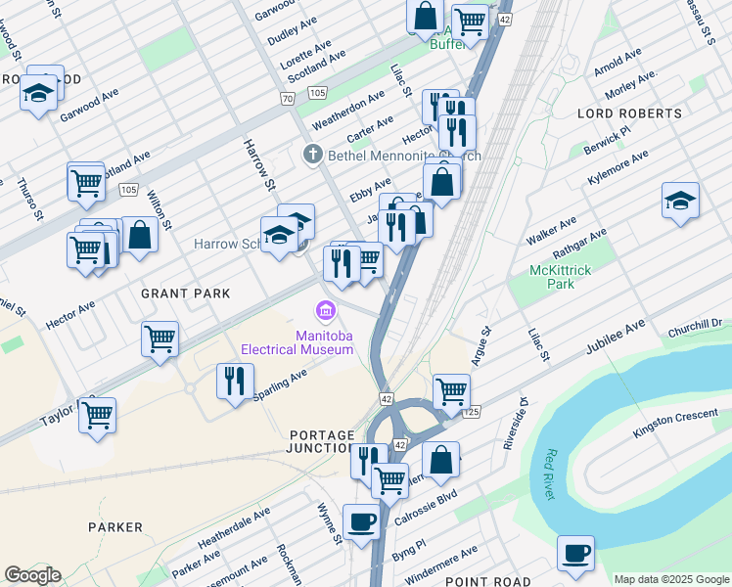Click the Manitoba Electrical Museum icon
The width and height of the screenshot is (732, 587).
pyautogui.click(x=324, y=312)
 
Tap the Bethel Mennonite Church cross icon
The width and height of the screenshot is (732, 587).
pyautogui.click(x=312, y=155)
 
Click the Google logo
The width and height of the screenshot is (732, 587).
pyautogui.click(x=31, y=575)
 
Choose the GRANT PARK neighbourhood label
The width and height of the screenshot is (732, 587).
pyautogui.click(x=185, y=293)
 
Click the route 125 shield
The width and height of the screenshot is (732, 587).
pyautogui.click(x=474, y=414)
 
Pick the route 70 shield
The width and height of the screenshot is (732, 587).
pyautogui.click(x=287, y=99)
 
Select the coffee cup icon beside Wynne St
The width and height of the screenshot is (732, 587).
pyautogui.click(x=361, y=520)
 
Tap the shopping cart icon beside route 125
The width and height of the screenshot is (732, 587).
pyautogui.click(x=451, y=390)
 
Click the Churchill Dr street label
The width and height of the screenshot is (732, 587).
pyautogui.click(x=694, y=323)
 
